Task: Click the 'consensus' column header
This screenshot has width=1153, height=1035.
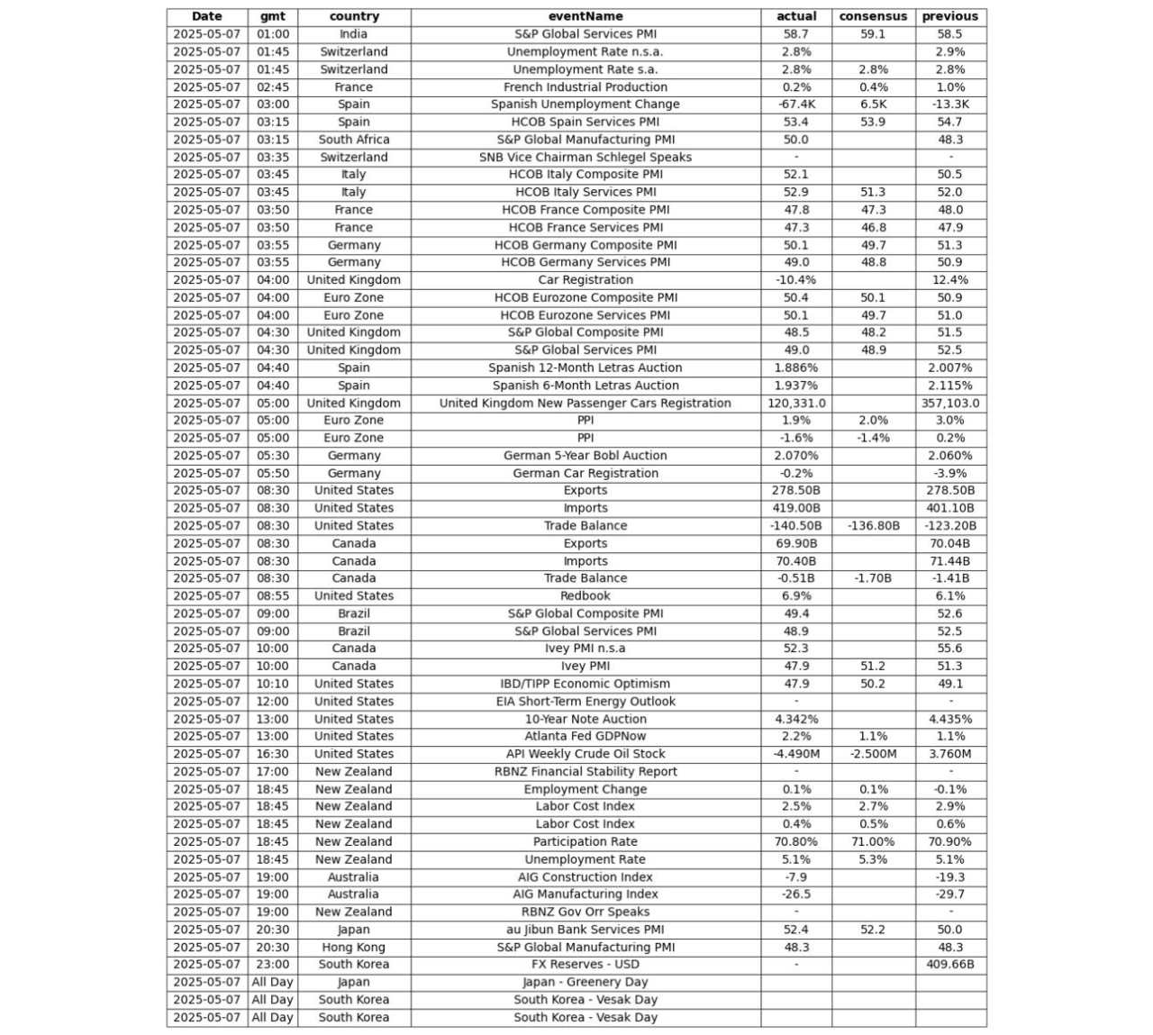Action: click(873, 16)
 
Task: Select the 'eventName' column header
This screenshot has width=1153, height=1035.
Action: click(586, 16)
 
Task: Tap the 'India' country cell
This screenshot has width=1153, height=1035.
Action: click(353, 34)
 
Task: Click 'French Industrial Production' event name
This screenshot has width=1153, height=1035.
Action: click(586, 87)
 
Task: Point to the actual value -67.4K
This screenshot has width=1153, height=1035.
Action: click(796, 104)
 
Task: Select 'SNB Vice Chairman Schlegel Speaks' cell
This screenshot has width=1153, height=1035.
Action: click(586, 158)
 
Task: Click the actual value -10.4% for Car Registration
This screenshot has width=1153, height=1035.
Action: click(796, 280)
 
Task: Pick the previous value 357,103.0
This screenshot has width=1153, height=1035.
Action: click(950, 404)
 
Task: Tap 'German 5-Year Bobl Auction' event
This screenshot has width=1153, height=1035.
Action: click(586, 456)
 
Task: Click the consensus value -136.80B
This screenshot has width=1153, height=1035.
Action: click(873, 526)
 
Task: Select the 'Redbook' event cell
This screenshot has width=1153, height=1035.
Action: click(586, 596)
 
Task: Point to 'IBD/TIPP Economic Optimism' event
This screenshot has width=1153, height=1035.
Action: click(586, 684)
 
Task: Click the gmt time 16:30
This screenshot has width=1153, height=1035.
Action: click(273, 754)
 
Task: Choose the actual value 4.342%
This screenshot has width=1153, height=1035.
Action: click(796, 720)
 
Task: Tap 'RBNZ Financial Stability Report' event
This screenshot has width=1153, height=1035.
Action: click(586, 772)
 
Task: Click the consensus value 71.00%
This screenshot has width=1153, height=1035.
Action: click(873, 842)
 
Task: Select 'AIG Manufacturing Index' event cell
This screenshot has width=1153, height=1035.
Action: click(586, 894)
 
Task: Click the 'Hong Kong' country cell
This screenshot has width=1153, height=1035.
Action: click(353, 948)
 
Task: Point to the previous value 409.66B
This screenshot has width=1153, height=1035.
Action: click(950, 965)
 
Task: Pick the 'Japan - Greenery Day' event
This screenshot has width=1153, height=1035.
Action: click(586, 983)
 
